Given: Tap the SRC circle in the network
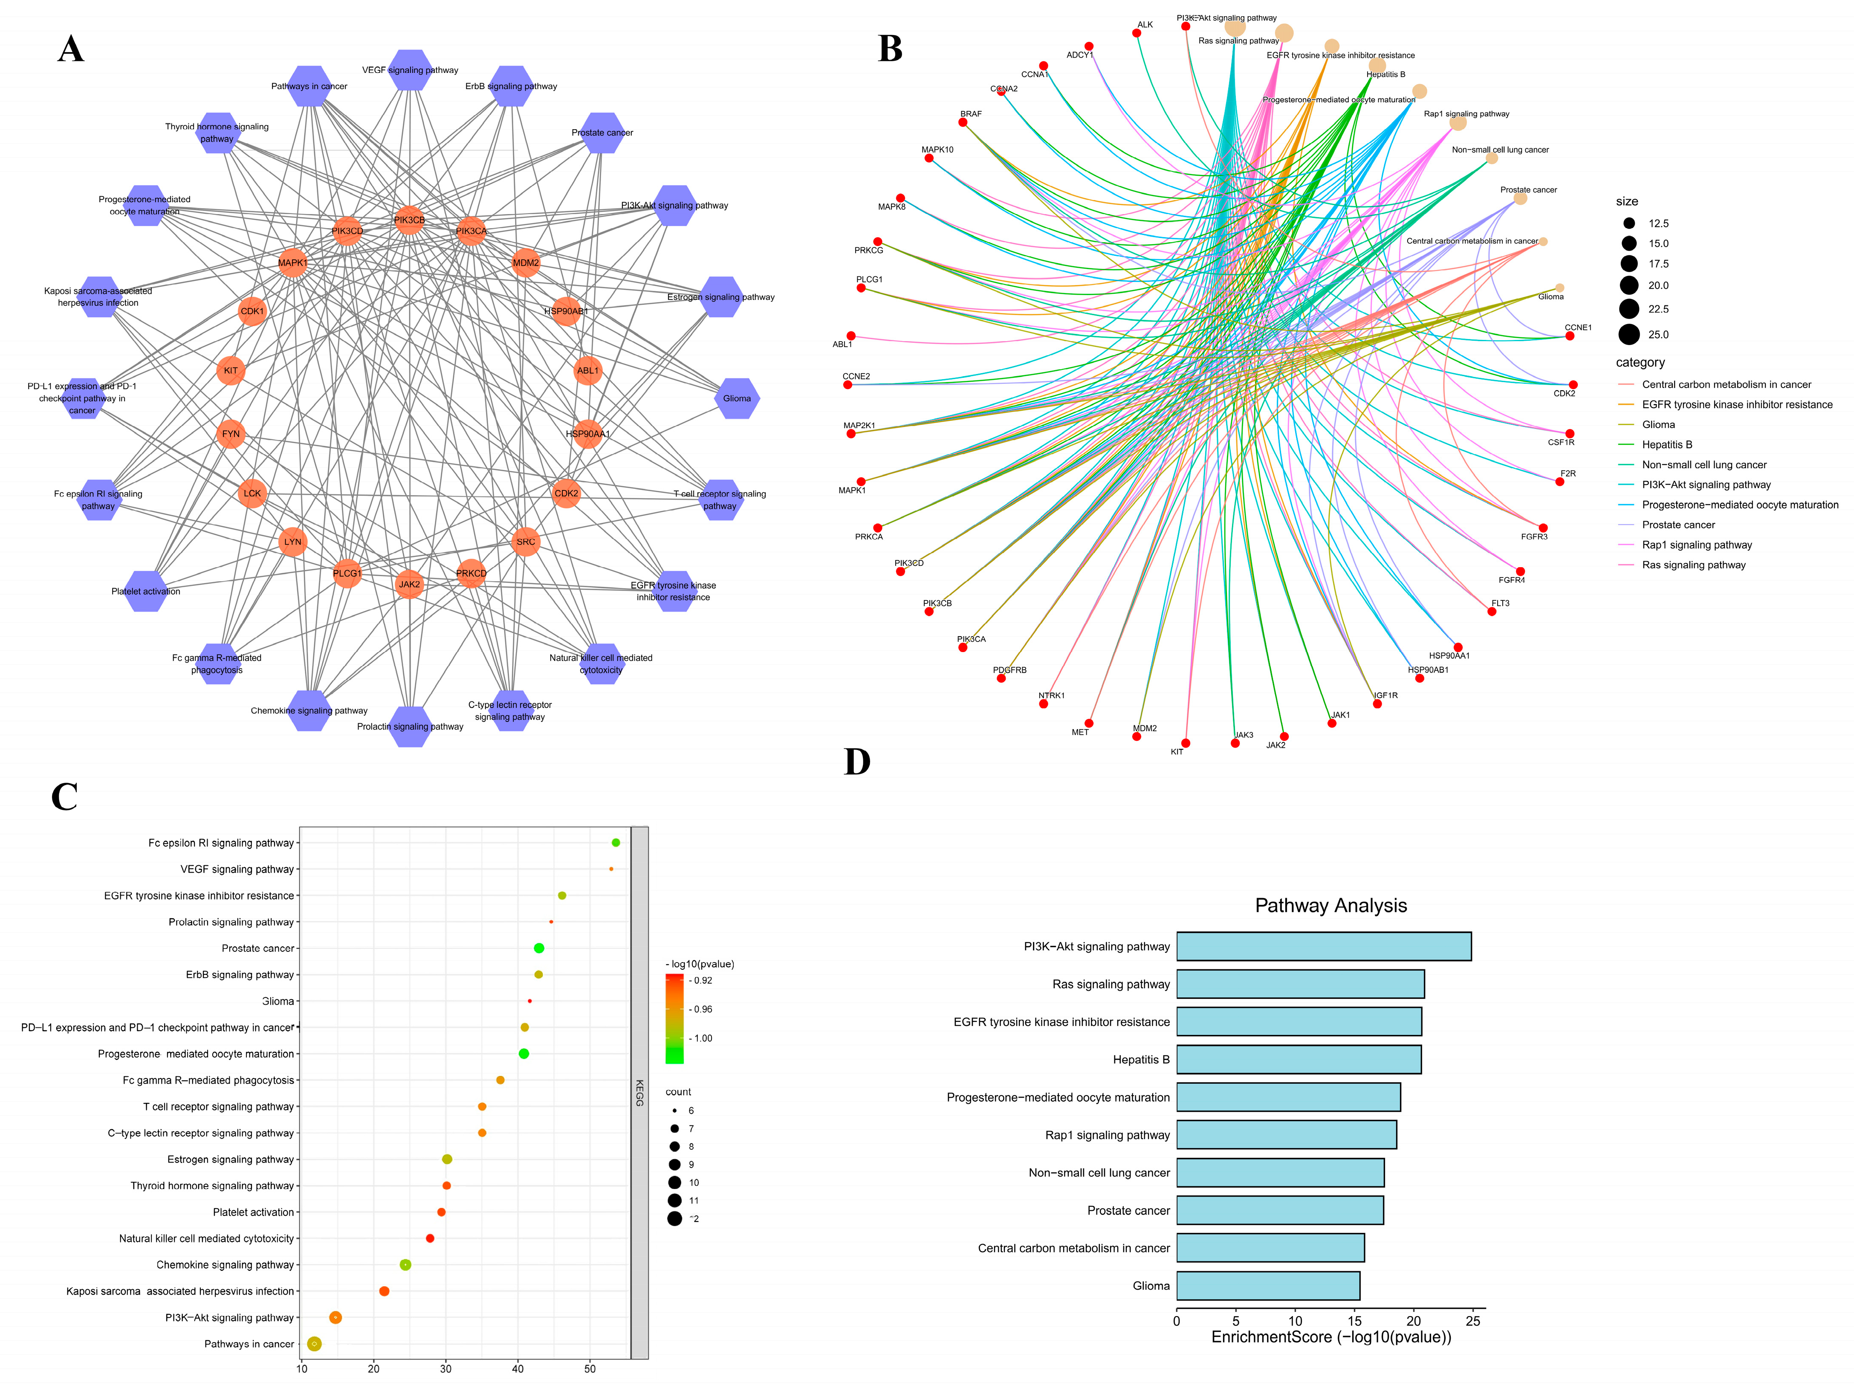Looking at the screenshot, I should click(x=526, y=542).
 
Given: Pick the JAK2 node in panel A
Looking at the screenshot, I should click(x=409, y=584).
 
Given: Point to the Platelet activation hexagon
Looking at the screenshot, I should click(x=146, y=591).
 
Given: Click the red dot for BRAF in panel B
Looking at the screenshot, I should click(x=963, y=122).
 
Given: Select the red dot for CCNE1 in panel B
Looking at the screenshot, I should click(x=1570, y=336).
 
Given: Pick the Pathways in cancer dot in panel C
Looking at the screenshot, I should click(x=314, y=1344).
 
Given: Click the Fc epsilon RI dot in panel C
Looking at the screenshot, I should click(x=616, y=843).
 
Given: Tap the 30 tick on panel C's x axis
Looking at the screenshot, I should click(x=446, y=1369).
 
